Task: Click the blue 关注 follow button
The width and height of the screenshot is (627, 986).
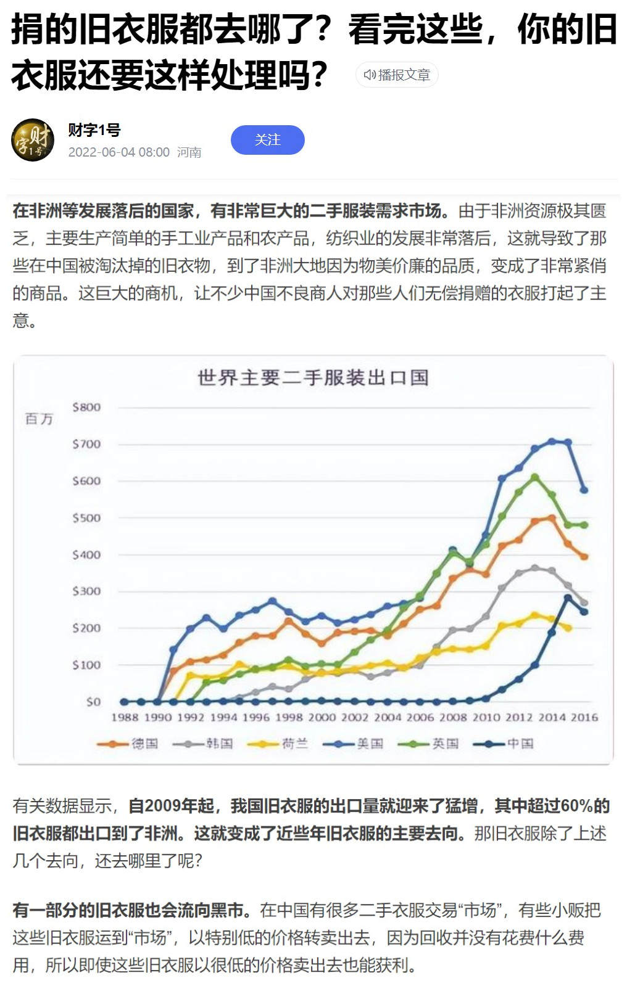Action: coord(267,140)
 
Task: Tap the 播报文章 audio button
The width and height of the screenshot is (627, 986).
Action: coord(397,75)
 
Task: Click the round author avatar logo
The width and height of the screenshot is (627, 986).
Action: coord(33,140)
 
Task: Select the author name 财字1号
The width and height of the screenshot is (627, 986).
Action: coord(94,130)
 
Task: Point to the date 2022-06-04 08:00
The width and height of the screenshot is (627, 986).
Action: coord(118,152)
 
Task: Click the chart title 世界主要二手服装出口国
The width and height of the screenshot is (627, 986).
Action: coord(313,377)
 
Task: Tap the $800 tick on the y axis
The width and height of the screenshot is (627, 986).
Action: coord(86,407)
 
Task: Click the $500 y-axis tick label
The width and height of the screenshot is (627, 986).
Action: coord(86,518)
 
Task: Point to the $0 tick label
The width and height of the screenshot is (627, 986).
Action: coord(93,702)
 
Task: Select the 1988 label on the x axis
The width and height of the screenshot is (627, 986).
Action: coord(125,717)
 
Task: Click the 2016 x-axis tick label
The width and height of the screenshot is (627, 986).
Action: coord(584,717)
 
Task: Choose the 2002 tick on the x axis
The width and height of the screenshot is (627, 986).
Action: coord(355,717)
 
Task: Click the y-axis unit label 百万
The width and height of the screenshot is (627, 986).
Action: coord(39,419)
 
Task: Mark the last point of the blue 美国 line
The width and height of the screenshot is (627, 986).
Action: coord(584,490)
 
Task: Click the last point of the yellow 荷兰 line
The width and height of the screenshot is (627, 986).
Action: coord(568,628)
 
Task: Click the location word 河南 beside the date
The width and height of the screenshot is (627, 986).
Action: coord(189,152)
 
